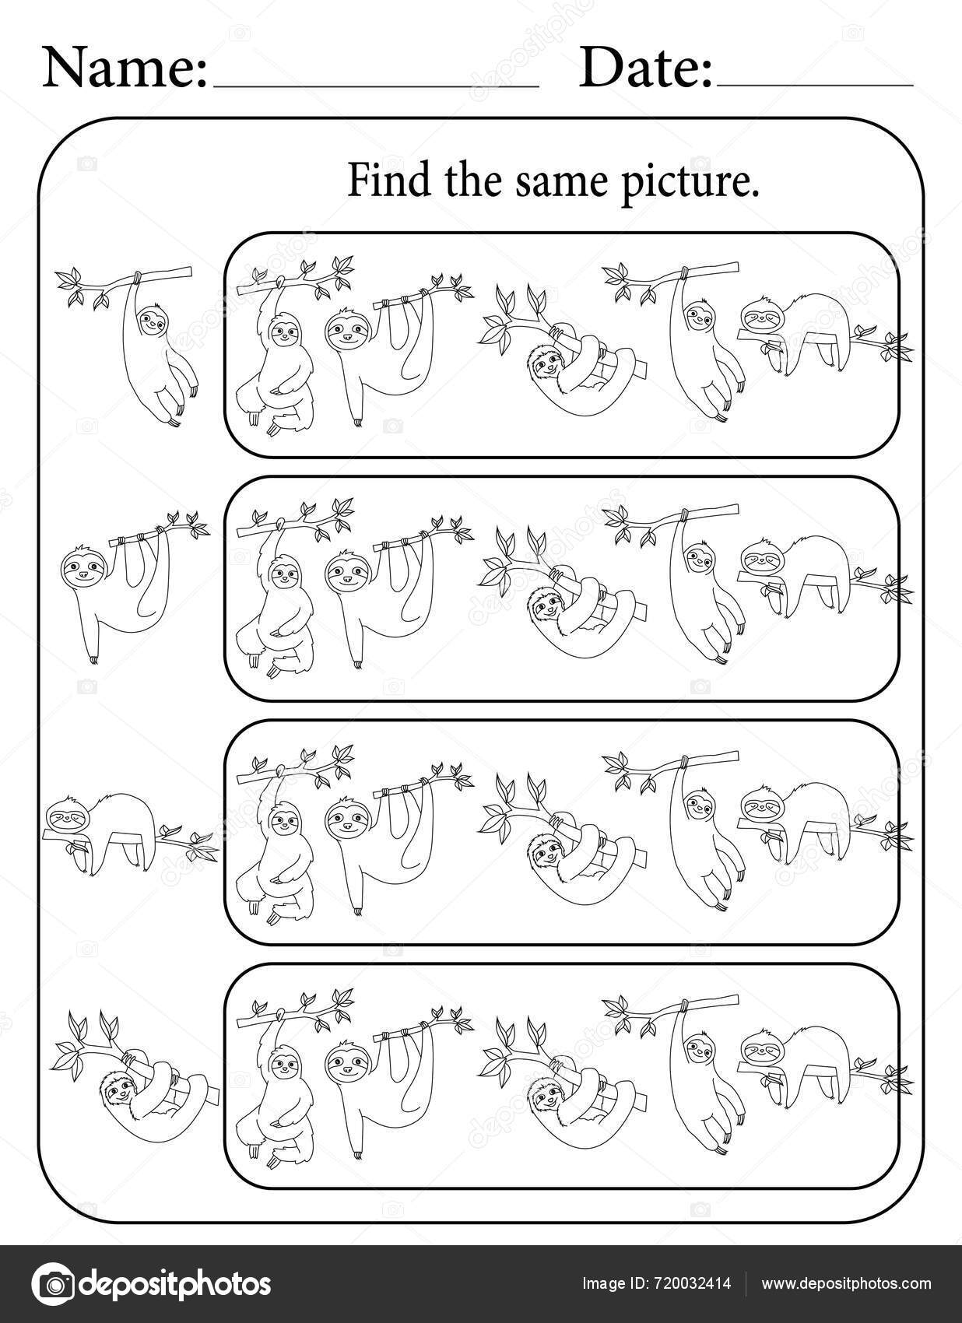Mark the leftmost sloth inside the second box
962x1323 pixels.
coord(280,607)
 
